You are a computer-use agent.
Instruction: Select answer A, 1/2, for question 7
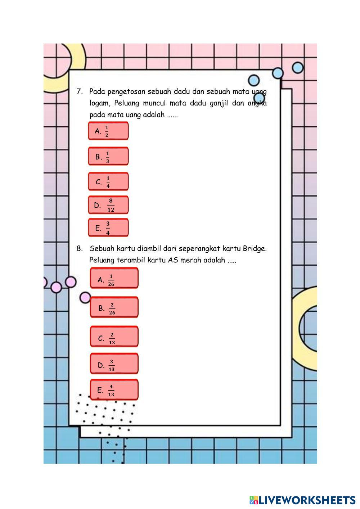pyautogui.click(x=108, y=131)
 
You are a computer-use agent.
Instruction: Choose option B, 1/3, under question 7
pyautogui.click(x=108, y=157)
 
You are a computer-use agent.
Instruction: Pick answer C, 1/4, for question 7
pyautogui.click(x=108, y=182)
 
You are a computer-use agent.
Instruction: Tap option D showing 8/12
pyautogui.click(x=108, y=205)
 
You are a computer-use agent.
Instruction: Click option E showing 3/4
pyautogui.click(x=108, y=228)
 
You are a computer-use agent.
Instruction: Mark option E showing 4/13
pyautogui.click(x=114, y=390)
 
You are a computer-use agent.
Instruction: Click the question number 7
pyautogui.click(x=80, y=91)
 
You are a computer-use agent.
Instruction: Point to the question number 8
pyautogui.click(x=80, y=248)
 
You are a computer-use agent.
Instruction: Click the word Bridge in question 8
pyautogui.click(x=255, y=249)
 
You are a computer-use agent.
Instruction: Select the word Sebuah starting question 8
pyautogui.click(x=102, y=248)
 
